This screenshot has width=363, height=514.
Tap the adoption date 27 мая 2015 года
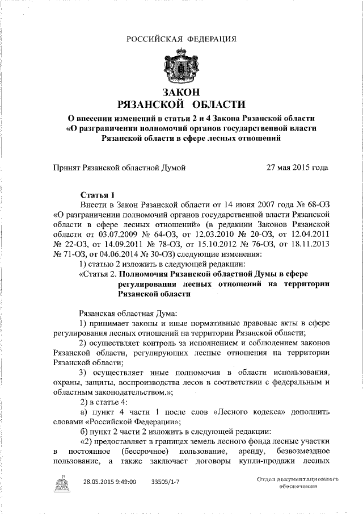(297, 168)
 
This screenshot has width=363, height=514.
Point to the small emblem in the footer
(62, 483)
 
